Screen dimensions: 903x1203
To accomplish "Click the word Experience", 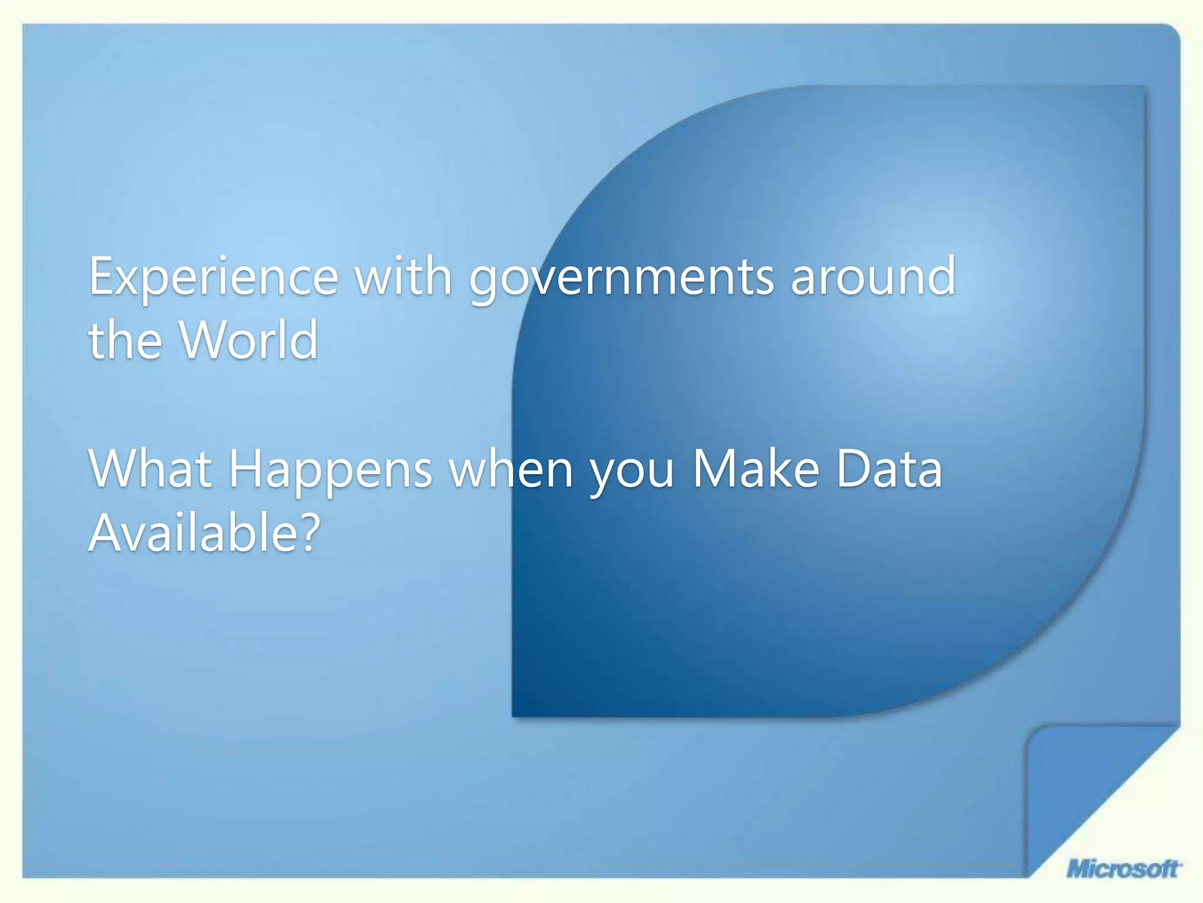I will pos(214,277).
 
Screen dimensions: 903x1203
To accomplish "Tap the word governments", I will pos(621,277).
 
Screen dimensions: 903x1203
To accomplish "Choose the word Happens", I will pos(330,470).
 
